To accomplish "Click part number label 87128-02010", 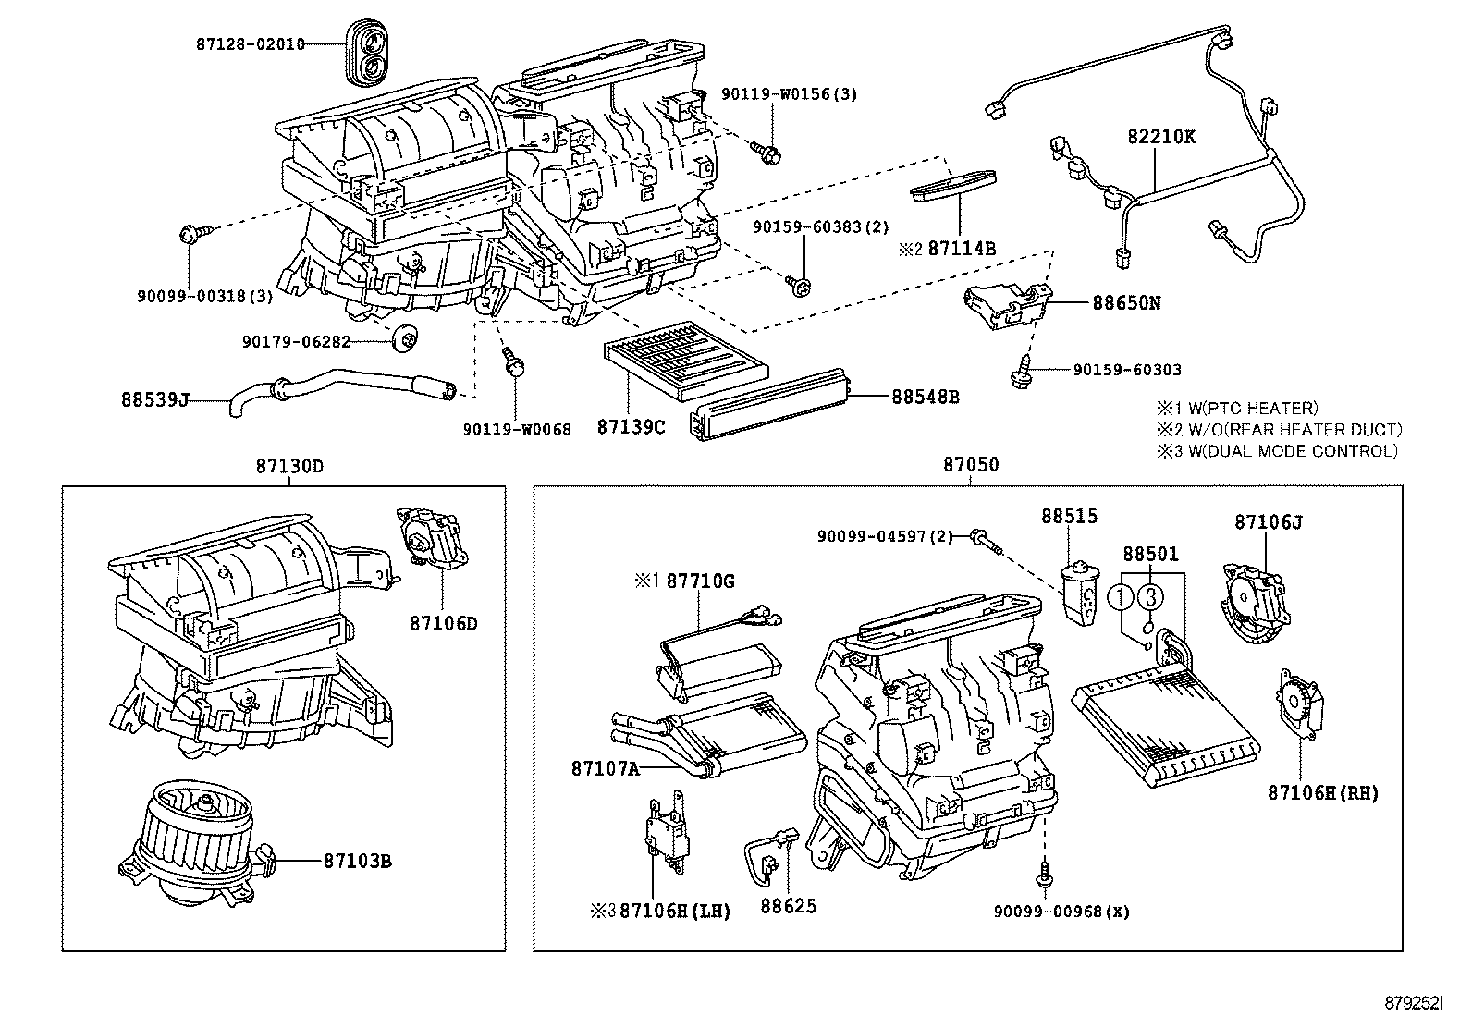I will tap(250, 43).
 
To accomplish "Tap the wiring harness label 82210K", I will tap(1161, 136).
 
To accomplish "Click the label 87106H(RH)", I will tap(1323, 792).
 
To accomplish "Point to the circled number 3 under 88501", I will tap(1149, 598).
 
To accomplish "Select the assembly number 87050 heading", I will tap(971, 465).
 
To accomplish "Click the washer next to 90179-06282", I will tap(403, 339).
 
